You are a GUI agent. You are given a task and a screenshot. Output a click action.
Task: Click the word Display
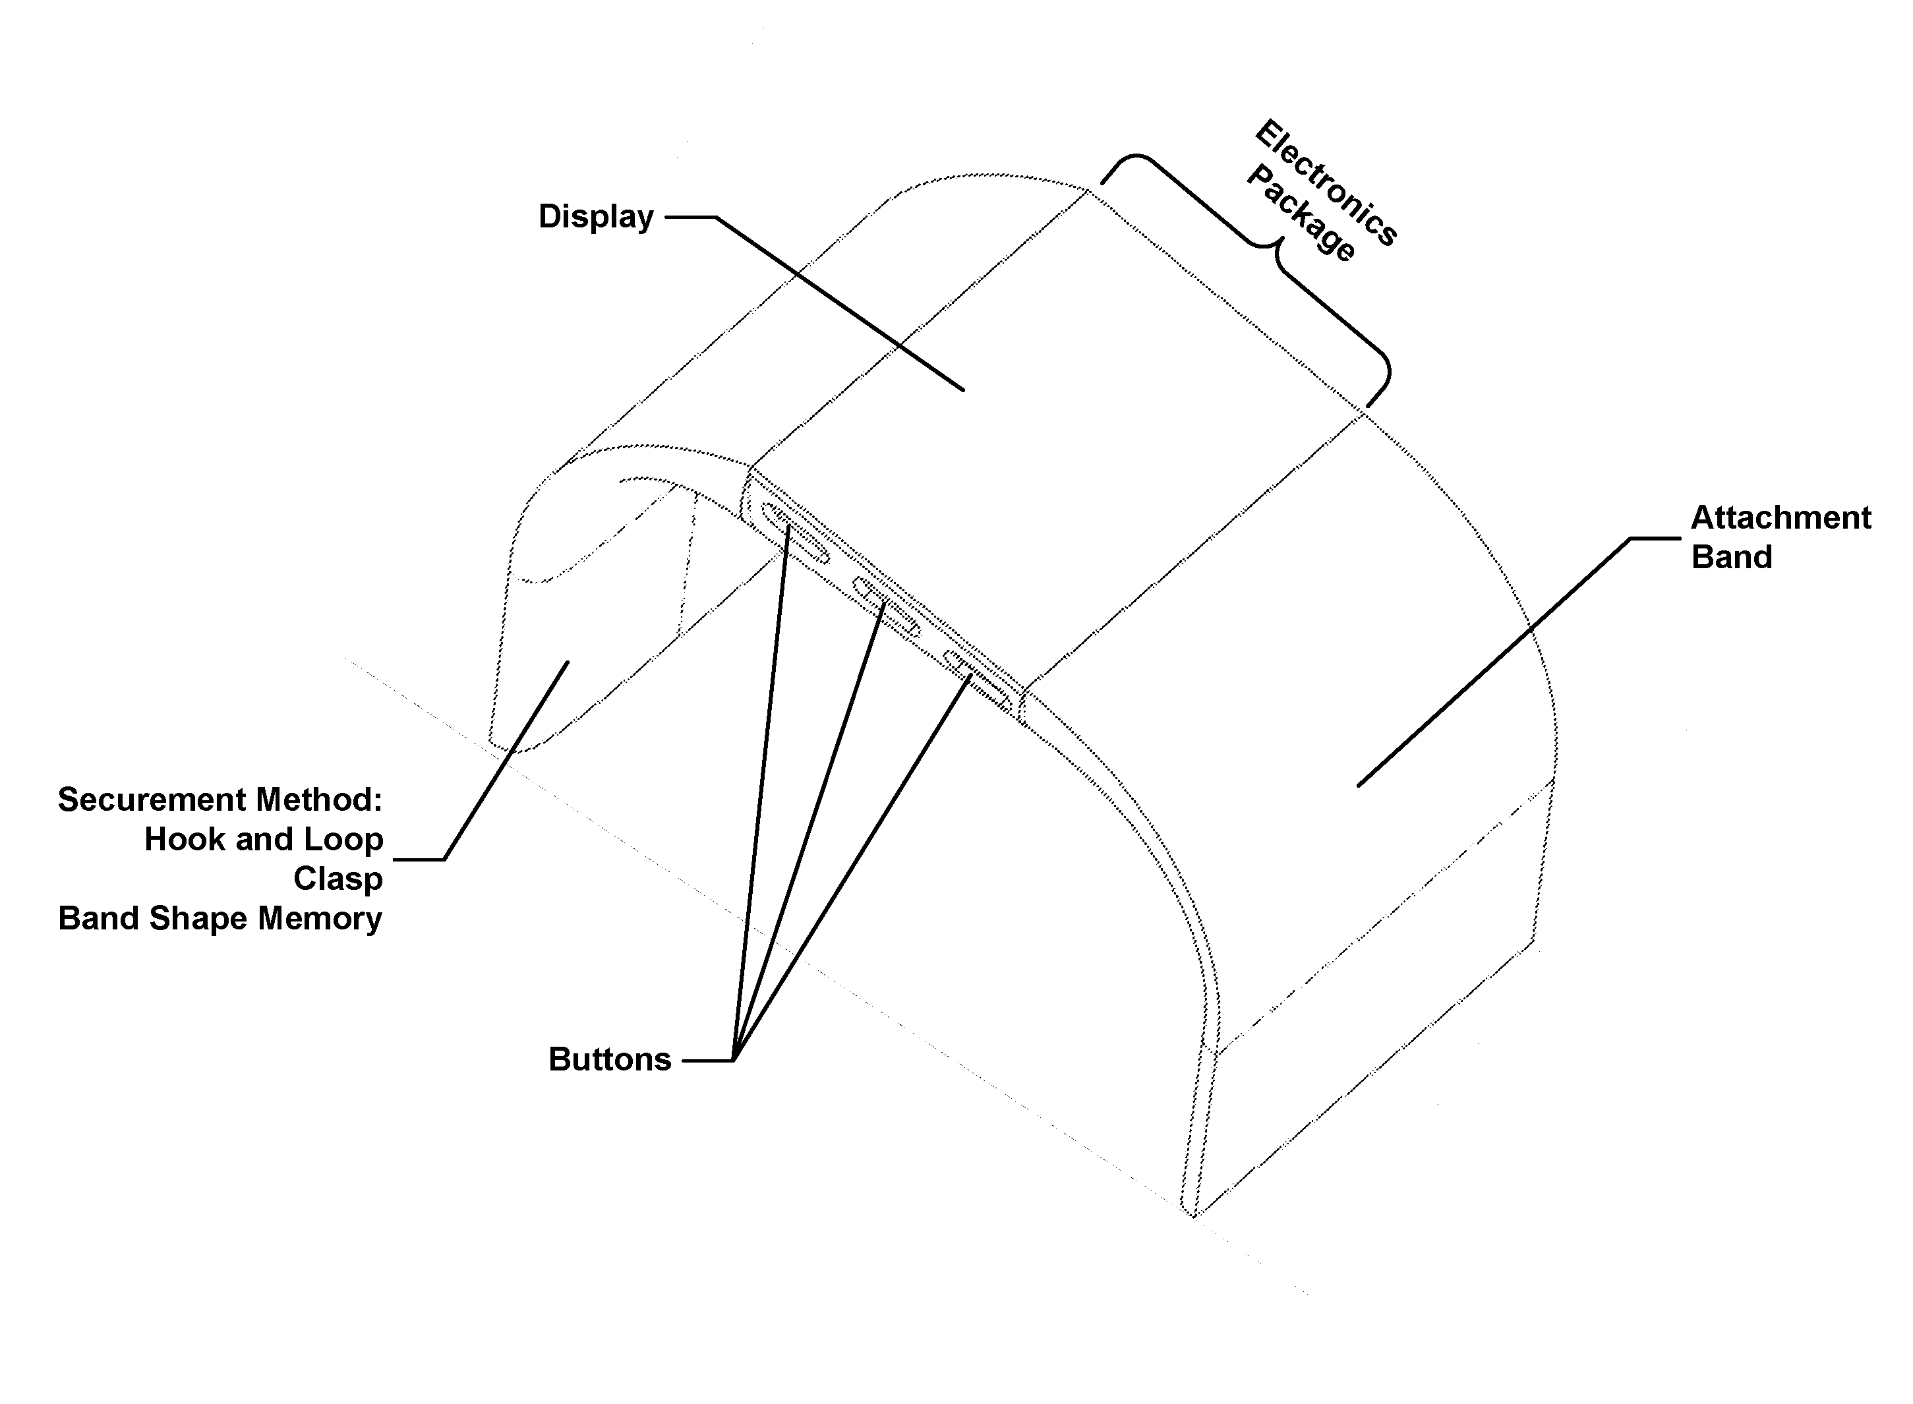click(596, 217)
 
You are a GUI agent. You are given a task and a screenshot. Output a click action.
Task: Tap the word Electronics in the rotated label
click(1326, 182)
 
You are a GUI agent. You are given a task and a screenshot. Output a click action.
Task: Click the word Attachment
click(1781, 517)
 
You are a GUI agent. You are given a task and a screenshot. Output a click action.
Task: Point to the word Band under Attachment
click(1731, 558)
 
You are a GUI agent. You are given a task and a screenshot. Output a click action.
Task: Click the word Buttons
click(609, 1060)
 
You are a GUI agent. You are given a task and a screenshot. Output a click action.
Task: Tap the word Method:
click(320, 800)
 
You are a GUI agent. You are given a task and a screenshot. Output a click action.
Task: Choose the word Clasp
click(338, 879)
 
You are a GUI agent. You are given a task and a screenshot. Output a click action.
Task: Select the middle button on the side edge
click(887, 606)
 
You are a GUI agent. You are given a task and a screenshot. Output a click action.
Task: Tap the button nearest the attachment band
click(978, 679)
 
